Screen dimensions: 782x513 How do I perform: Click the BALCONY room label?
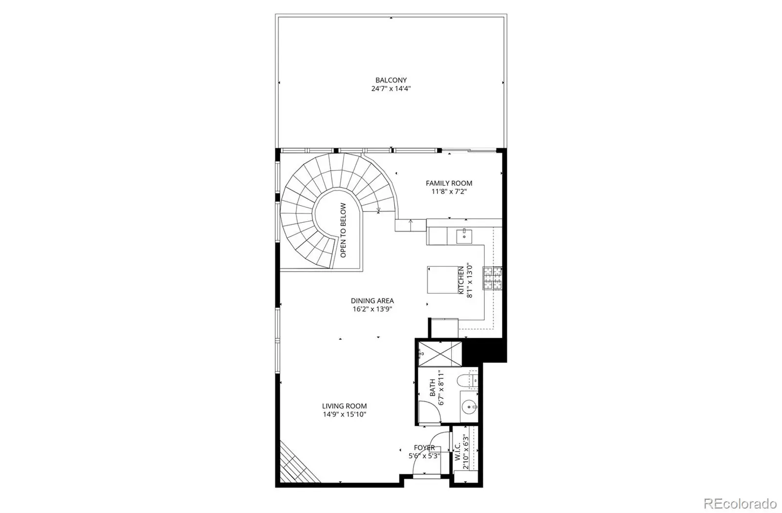[x=391, y=80]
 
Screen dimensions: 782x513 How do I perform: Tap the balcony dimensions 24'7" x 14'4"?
[x=391, y=88]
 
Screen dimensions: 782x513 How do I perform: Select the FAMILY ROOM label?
[x=449, y=183]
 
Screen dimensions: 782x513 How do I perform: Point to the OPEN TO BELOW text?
[x=343, y=230]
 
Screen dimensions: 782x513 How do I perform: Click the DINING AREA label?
[x=372, y=300]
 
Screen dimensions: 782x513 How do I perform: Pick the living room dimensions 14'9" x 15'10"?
[x=344, y=414]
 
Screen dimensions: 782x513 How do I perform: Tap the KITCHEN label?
[x=461, y=280]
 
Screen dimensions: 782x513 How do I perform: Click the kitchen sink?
[x=464, y=236]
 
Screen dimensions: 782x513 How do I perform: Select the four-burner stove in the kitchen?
[x=493, y=278]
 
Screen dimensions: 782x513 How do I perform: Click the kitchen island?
[x=443, y=280]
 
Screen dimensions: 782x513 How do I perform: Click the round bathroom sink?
[x=469, y=406]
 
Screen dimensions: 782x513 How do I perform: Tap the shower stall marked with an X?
[x=440, y=354]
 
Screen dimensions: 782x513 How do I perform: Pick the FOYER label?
[x=424, y=448]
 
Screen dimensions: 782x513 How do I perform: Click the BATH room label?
[x=433, y=388]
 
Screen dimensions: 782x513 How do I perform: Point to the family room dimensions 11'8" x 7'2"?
[x=449, y=192]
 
